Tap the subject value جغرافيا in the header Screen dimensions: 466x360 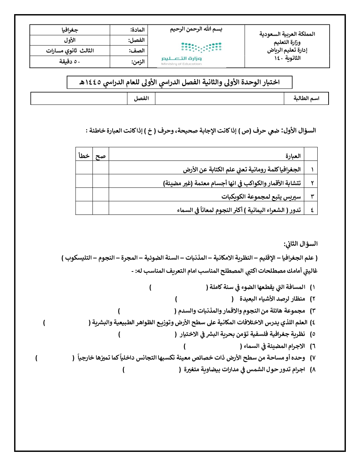tap(70, 30)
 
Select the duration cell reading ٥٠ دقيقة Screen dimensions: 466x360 tap(70, 62)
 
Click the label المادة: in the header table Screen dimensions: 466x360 tap(137, 30)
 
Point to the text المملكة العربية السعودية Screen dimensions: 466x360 tap(287, 34)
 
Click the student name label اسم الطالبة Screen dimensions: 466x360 tap(306, 98)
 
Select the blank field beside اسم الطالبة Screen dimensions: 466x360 tap(219, 98)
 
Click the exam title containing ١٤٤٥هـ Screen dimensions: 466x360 tap(179, 82)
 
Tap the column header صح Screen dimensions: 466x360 tap(101, 156)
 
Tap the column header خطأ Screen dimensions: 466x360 tap(84, 156)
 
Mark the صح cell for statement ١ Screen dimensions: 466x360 tap(101, 169)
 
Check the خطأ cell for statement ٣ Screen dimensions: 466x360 tap(84, 196)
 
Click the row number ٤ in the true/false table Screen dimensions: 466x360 tap(312, 210)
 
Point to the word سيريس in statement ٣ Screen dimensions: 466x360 tap(293, 196)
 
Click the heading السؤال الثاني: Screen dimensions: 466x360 tap(300, 244)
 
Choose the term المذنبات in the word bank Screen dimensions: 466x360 tap(196, 258)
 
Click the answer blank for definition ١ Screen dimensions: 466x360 tap(179, 287)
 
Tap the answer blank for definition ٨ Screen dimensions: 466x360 tap(152, 370)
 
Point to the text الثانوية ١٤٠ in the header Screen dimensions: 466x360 tap(287, 58)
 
